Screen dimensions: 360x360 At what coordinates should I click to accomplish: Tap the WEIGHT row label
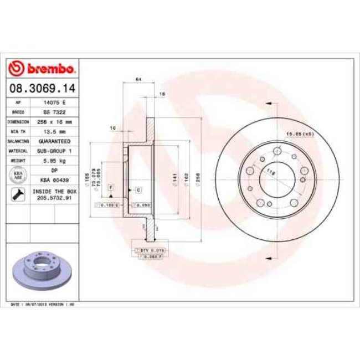point(18,160)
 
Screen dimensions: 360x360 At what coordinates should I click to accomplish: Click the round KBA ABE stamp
point(18,176)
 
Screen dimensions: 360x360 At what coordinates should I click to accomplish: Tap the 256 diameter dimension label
point(197,178)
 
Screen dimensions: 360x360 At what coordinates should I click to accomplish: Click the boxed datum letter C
point(138,190)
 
